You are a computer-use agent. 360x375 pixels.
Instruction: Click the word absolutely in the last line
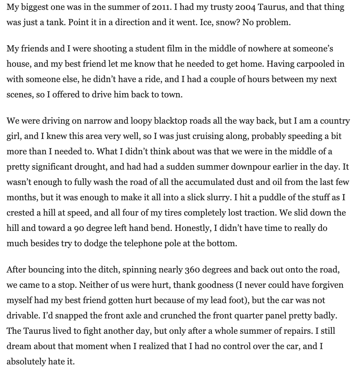(26, 362)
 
